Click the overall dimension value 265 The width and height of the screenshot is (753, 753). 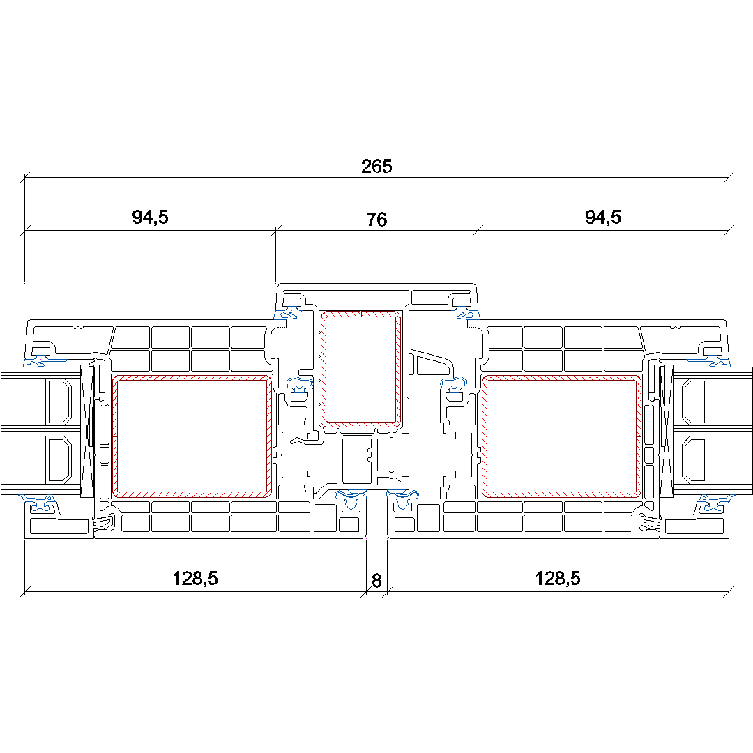pyautogui.click(x=376, y=166)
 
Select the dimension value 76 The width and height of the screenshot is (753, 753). pyautogui.click(x=376, y=220)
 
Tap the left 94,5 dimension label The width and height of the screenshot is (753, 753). pyautogui.click(x=151, y=217)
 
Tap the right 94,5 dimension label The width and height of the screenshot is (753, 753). pyautogui.click(x=603, y=217)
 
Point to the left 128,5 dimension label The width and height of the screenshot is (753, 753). pyautogui.click(x=195, y=578)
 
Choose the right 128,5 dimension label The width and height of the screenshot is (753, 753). pyautogui.click(x=558, y=578)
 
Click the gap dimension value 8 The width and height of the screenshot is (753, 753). pyautogui.click(x=376, y=581)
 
